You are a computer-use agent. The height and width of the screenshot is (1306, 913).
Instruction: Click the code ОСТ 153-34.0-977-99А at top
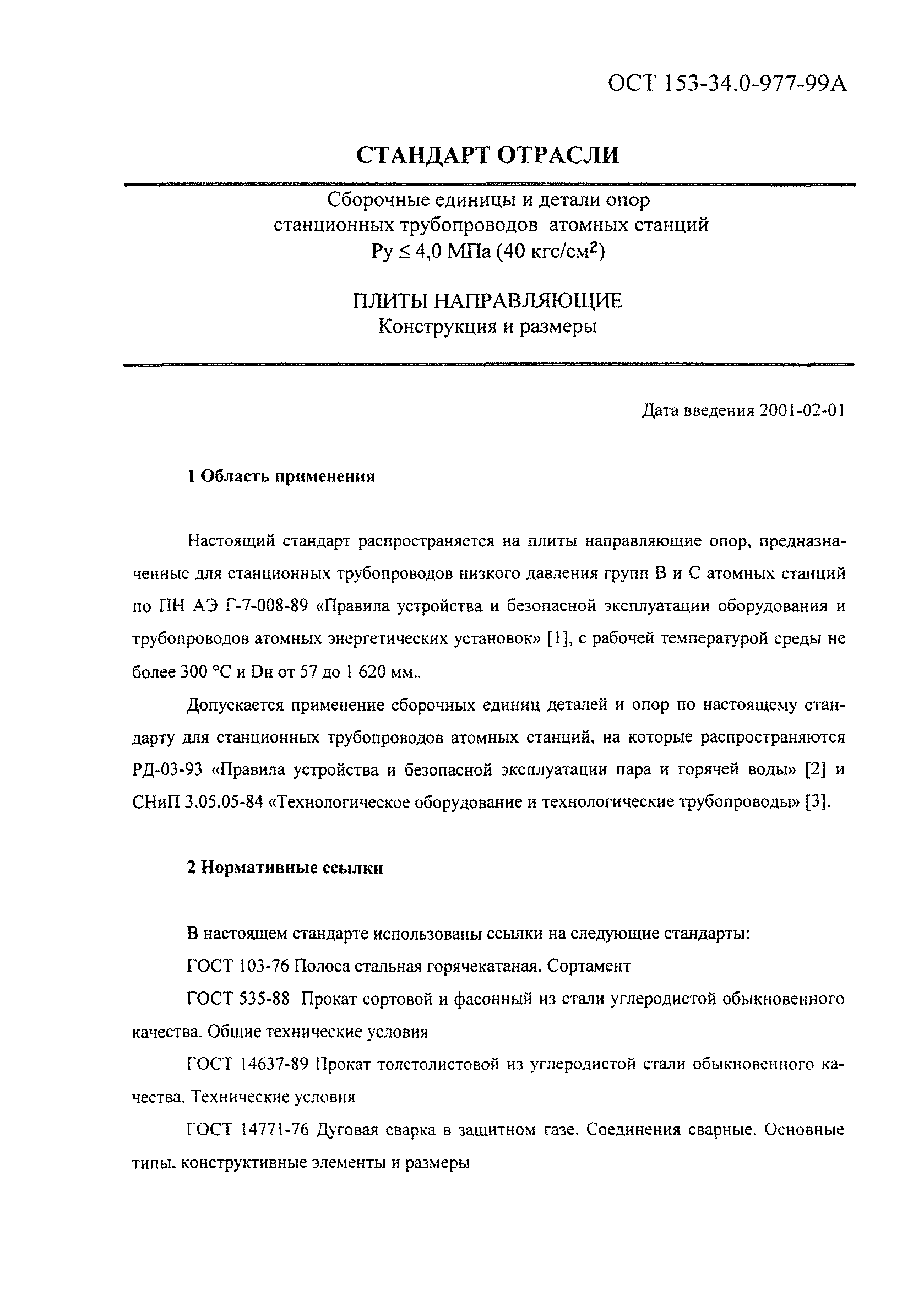[727, 84]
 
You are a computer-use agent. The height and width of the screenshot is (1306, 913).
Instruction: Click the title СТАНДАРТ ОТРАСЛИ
[488, 155]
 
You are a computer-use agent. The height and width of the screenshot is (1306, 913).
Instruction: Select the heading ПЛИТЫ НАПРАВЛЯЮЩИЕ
[488, 301]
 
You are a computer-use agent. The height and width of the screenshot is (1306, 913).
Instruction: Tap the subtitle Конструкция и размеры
[488, 327]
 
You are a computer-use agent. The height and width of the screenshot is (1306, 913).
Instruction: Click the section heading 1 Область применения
[281, 476]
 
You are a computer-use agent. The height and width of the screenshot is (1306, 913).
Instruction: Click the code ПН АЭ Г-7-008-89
[230, 606]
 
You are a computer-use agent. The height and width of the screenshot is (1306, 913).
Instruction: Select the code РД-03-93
[165, 769]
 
